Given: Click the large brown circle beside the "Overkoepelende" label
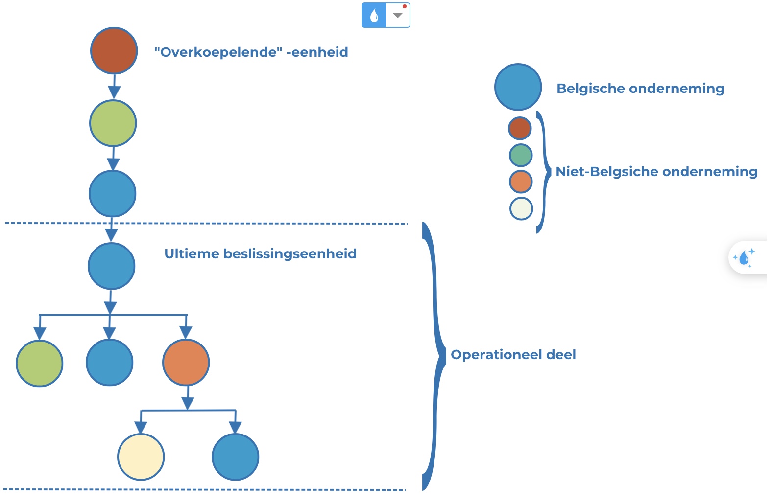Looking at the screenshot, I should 114,51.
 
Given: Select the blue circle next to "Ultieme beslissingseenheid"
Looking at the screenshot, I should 112,266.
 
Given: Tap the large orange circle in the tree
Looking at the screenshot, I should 186,363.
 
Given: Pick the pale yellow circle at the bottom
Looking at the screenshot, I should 141,457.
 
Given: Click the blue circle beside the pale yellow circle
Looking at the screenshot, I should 236,457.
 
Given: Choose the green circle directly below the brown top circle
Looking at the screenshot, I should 113,123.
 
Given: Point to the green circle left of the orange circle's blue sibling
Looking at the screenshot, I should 40,364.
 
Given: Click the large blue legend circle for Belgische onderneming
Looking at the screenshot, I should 518,87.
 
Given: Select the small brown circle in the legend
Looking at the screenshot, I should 520,128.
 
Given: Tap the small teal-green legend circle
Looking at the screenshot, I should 521,155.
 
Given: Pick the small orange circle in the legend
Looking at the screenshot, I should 521,182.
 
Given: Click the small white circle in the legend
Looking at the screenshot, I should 521,208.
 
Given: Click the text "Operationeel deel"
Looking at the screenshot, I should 513,354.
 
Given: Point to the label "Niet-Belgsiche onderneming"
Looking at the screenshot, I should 656,172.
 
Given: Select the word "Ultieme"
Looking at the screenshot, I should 192,253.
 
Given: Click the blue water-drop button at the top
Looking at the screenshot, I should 374,16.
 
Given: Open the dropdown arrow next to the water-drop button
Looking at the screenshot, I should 398,16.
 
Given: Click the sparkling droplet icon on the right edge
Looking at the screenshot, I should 744,257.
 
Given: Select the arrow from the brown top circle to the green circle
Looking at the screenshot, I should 114,87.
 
